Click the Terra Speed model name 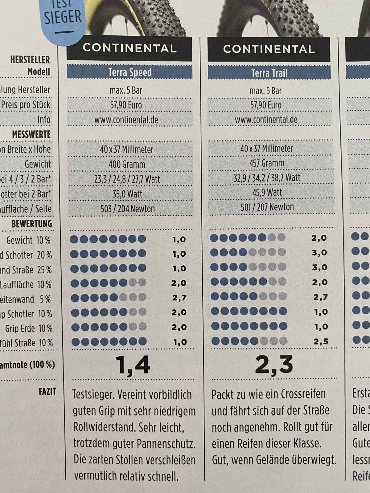click(130, 73)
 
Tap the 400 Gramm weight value click(127, 164)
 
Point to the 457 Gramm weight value click(267, 163)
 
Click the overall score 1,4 click(133, 365)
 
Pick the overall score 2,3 click(274, 365)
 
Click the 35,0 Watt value click(127, 194)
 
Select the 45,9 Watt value click(267, 193)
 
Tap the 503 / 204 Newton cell click(127, 209)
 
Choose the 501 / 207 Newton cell click(267, 207)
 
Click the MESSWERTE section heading click(31, 135)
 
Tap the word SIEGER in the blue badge click(63, 17)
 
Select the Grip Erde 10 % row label click(29, 329)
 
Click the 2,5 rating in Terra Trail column click(321, 341)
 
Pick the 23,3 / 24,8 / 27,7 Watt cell click(127, 179)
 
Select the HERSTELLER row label click(30, 60)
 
